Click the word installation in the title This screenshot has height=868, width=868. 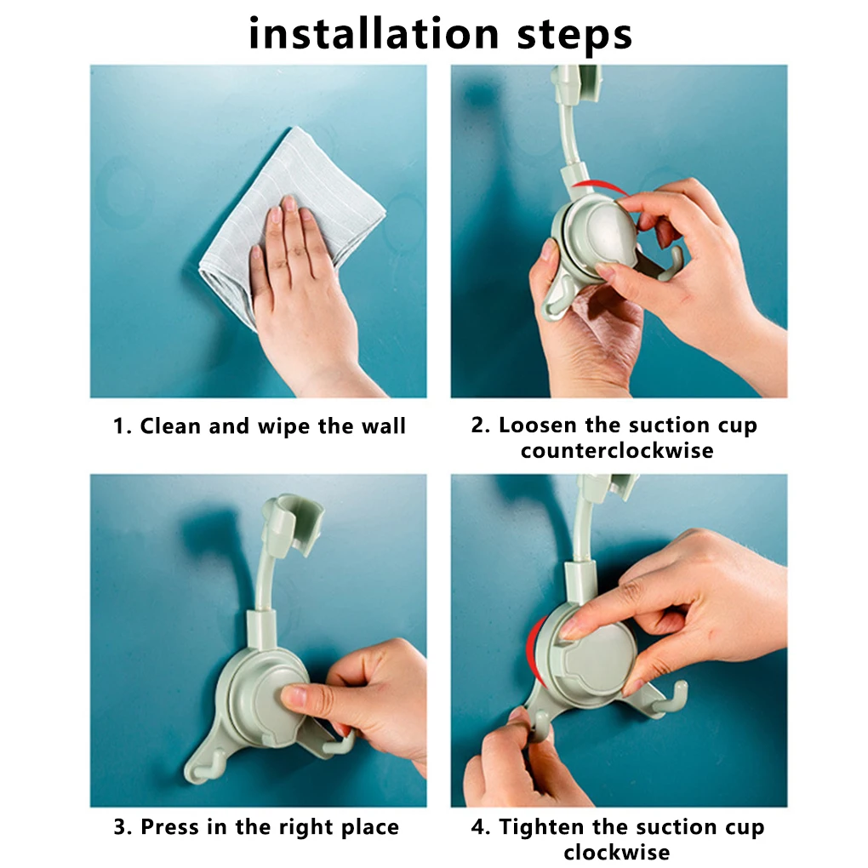click(x=374, y=34)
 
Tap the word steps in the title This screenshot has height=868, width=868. click(x=574, y=37)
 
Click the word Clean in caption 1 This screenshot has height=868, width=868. click(x=170, y=426)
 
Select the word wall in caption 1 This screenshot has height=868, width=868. click(x=384, y=426)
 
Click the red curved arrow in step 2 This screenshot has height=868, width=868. click(x=600, y=187)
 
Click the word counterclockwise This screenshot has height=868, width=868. click(x=617, y=451)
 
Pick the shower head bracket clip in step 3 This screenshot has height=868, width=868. click(x=292, y=523)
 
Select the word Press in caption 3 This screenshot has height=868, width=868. click(x=170, y=827)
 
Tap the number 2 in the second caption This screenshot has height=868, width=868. click(x=478, y=425)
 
